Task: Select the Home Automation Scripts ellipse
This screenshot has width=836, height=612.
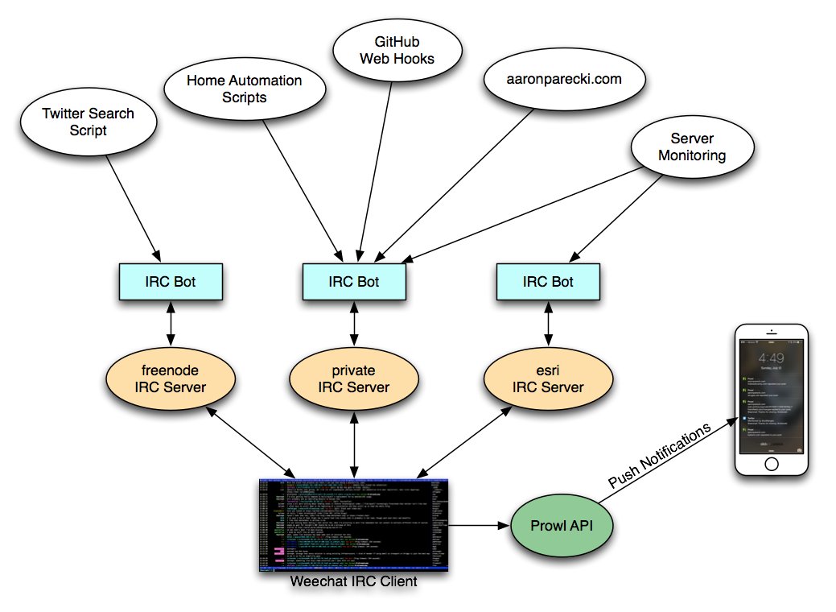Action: pos(244,89)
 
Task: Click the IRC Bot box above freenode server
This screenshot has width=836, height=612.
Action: pos(168,282)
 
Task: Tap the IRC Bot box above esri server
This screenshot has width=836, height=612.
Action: pos(547,282)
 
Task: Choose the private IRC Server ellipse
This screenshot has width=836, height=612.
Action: pos(354,379)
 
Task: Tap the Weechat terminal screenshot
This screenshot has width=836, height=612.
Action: pos(354,524)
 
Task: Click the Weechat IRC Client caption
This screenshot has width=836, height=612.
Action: pos(354,581)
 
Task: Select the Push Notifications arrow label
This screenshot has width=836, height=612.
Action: pos(661,456)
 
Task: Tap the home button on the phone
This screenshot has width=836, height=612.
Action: pos(771,465)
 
